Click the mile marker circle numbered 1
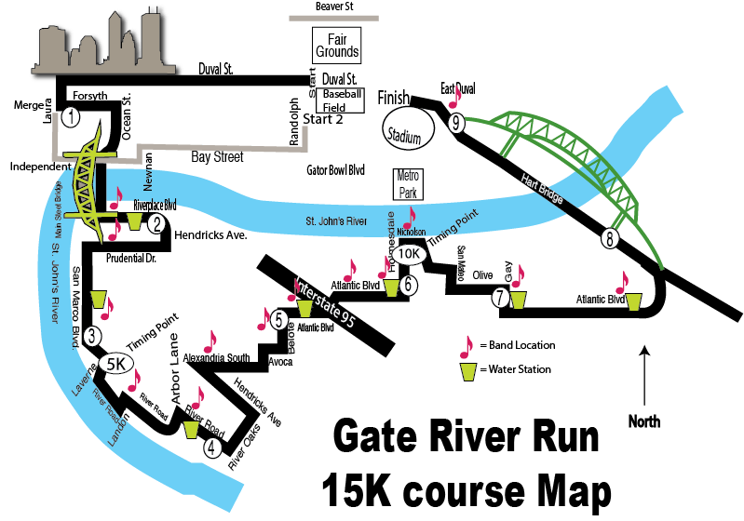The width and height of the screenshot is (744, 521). point(72,117)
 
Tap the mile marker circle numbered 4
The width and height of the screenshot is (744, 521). point(213,448)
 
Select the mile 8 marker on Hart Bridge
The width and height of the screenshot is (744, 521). point(610,238)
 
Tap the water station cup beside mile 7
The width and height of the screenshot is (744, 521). point(518,299)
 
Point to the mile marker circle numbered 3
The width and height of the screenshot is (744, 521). point(91,336)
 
